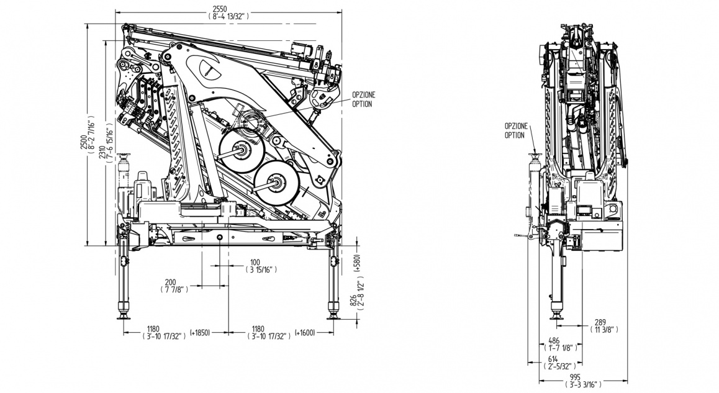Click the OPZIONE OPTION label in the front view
pyautogui.click(x=516, y=130)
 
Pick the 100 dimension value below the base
pyautogui.click(x=255, y=261)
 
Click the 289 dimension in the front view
pyautogui.click(x=600, y=322)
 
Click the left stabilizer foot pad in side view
pyautogui.click(x=122, y=316)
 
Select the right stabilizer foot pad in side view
pyautogui.click(x=333, y=316)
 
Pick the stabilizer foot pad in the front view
pyautogui.click(x=556, y=317)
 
